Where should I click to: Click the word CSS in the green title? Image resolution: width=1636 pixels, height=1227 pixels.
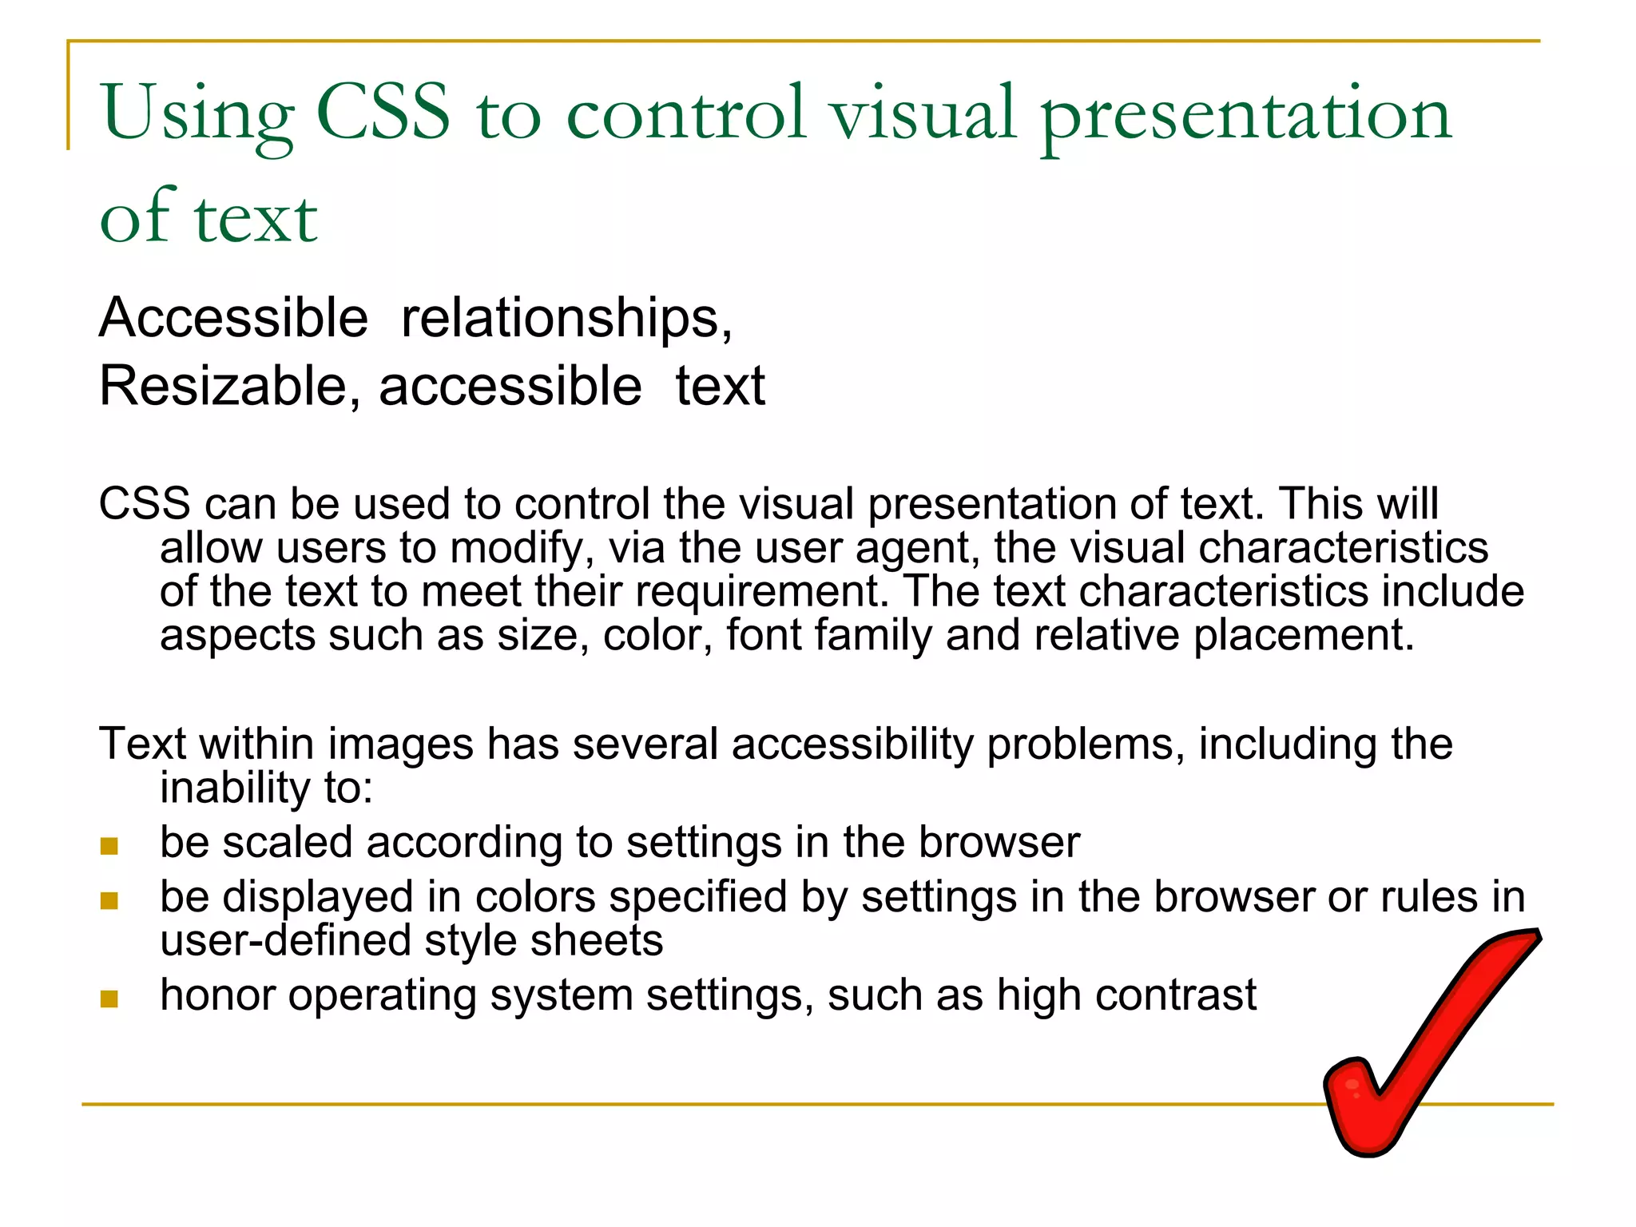pos(383,113)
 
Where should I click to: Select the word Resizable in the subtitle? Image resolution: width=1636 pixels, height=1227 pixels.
pos(222,387)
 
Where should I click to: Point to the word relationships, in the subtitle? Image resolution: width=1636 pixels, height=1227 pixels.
pos(566,320)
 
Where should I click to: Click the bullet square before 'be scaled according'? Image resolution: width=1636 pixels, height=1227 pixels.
pos(109,846)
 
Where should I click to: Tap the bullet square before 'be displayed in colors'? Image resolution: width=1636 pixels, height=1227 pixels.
pos(109,900)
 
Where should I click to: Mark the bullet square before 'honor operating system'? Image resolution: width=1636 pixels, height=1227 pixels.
pos(109,999)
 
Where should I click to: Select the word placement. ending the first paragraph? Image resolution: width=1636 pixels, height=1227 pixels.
pos(1304,636)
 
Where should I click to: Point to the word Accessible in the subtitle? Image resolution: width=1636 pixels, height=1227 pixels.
pos(233,318)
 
